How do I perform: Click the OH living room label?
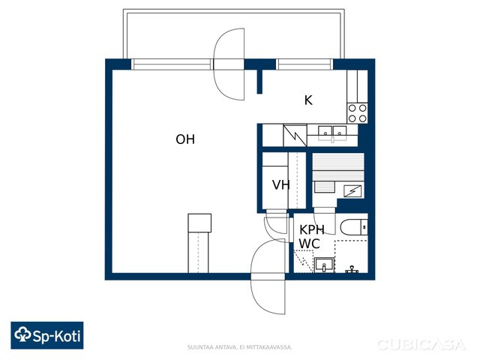[x=185, y=139]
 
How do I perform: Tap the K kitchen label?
[x=308, y=100]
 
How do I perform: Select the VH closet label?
[x=281, y=185]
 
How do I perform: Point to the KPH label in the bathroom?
[x=312, y=229]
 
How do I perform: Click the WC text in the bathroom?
[x=310, y=244]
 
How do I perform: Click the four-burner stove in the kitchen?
[x=357, y=112]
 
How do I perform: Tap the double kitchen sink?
[x=332, y=133]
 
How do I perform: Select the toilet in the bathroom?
[x=354, y=227]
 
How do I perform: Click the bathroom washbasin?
[x=324, y=265]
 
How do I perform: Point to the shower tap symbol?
[x=352, y=270]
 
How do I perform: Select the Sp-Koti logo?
[x=47, y=335]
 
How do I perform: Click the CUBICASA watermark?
[x=421, y=345]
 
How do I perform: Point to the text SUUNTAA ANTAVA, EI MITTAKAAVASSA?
[x=239, y=347]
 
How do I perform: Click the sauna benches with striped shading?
[x=338, y=166]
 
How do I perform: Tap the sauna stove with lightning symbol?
[x=352, y=191]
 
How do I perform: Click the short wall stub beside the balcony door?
[x=259, y=82]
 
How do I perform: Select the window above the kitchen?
[x=304, y=64]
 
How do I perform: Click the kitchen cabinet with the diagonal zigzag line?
[x=295, y=135]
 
